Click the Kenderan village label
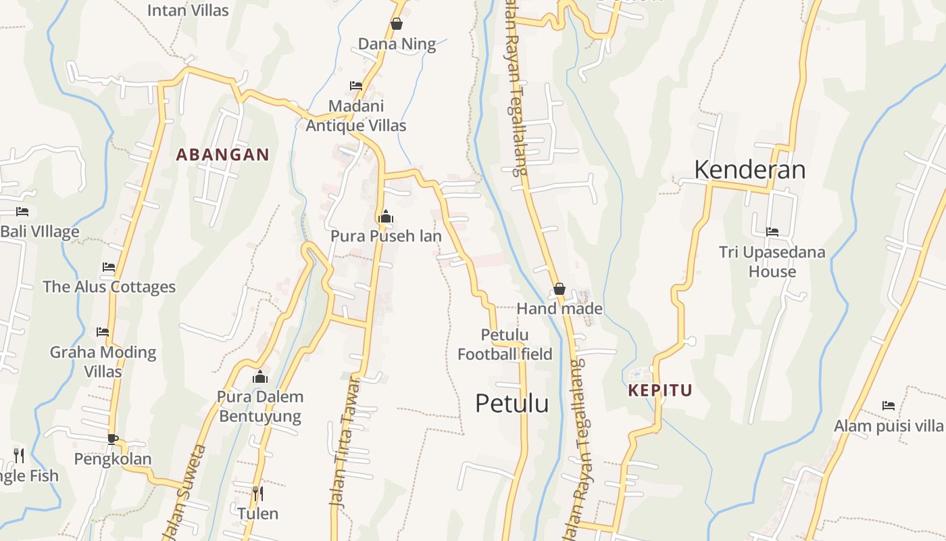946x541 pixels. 749,169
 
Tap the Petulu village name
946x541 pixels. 512,403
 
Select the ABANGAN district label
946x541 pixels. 222,154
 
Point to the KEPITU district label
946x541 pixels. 660,390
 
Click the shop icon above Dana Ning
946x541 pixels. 397,24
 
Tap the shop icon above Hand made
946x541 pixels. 559,289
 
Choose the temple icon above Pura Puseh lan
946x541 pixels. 386,216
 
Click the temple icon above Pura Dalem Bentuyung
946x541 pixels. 260,377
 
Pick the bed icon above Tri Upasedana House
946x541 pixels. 772,232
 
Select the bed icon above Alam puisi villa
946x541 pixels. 889,406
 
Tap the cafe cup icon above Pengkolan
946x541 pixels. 113,439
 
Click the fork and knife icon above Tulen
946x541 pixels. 257,493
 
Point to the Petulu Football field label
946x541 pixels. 505,344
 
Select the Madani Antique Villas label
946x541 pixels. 356,116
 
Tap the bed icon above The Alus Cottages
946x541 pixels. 109,267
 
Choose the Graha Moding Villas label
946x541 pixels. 103,361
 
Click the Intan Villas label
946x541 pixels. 188,10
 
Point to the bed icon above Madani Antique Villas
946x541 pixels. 356,86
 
